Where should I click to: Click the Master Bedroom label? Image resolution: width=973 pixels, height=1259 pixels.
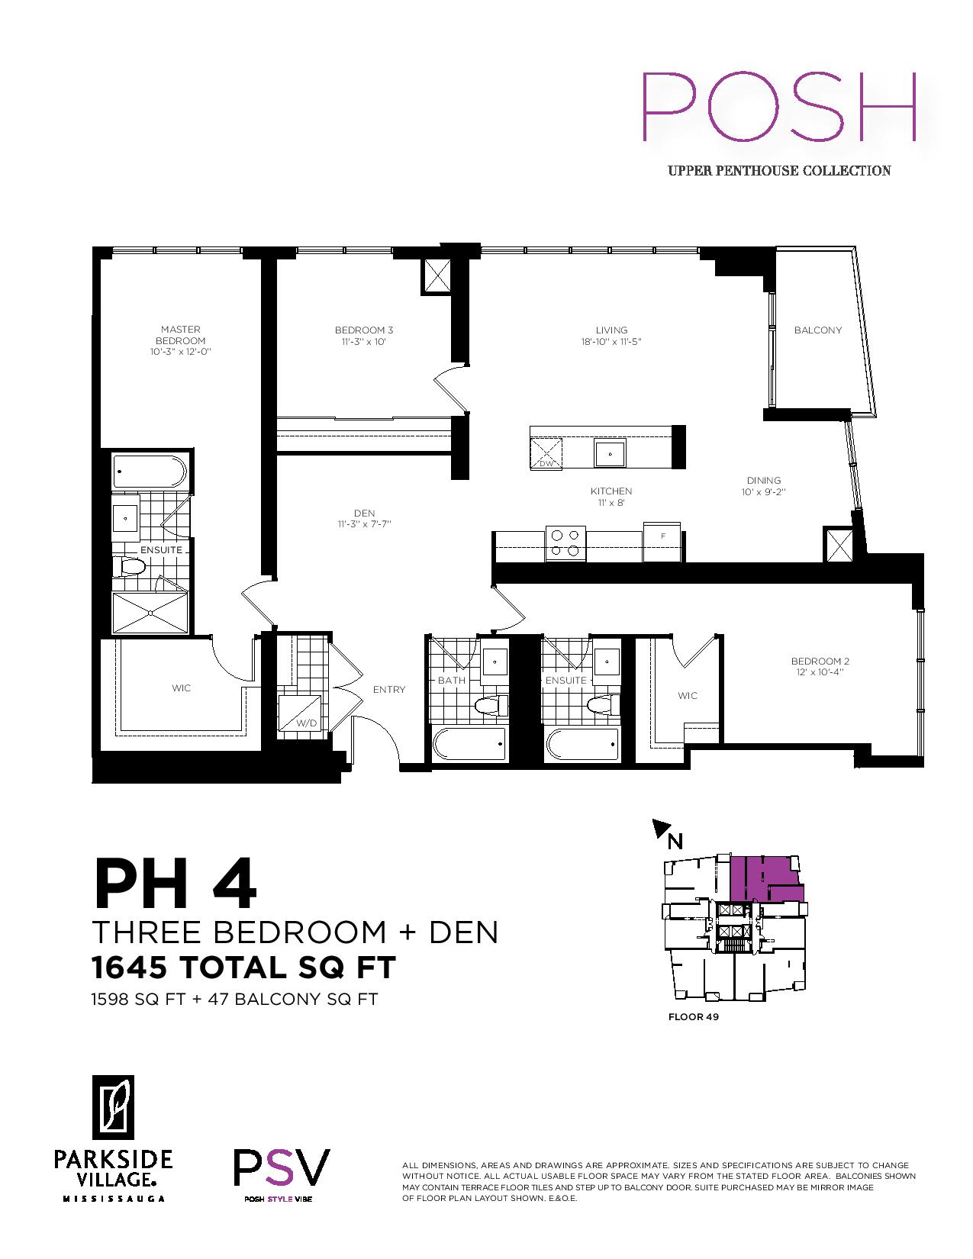[x=180, y=335]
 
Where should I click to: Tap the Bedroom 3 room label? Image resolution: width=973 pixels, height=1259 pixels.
[x=364, y=330]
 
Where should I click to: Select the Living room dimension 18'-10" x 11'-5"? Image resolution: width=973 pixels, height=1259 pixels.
[x=611, y=342]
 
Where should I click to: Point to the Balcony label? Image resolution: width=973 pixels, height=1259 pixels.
[x=817, y=330]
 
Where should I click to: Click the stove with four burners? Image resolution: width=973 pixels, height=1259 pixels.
[x=565, y=543]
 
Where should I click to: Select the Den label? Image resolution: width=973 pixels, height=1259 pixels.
[x=365, y=514]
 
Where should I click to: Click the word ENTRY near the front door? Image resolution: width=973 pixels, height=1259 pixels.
[x=389, y=690]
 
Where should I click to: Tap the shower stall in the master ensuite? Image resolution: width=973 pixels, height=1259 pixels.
[x=150, y=613]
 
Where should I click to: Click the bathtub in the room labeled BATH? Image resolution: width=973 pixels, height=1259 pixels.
[x=469, y=744]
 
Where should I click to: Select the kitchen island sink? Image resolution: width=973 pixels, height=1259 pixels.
[x=610, y=454]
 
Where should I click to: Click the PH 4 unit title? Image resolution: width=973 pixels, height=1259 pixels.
[x=175, y=884]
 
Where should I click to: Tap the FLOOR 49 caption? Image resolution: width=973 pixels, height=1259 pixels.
[x=694, y=1016]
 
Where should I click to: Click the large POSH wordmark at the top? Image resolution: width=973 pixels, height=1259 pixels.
[x=779, y=107]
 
